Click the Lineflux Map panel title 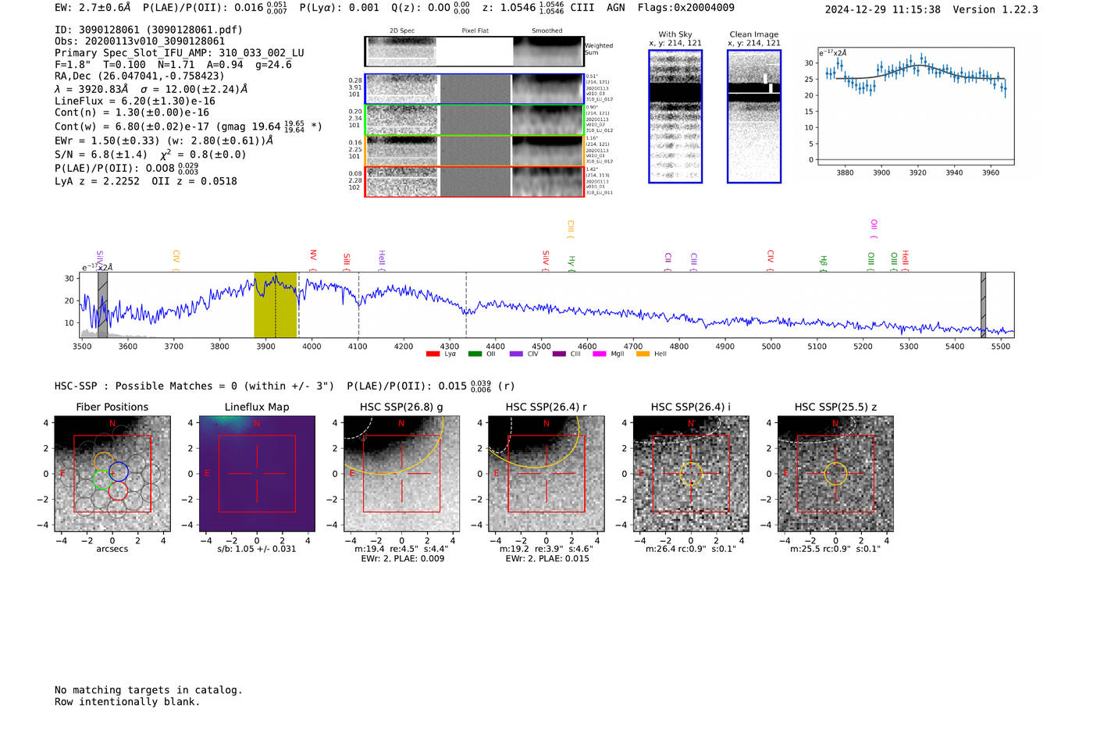pyautogui.click(x=256, y=407)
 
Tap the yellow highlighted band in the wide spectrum pyautogui.click(x=275, y=305)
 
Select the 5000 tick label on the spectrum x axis pyautogui.click(x=771, y=347)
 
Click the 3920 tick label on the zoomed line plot pyautogui.click(x=917, y=173)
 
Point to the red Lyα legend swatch pyautogui.click(x=433, y=354)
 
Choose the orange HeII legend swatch pyautogui.click(x=643, y=354)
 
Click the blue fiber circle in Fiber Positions pyautogui.click(x=119, y=472)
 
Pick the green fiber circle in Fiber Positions pyautogui.click(x=102, y=479)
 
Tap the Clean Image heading pyautogui.click(x=753, y=34)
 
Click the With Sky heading pyautogui.click(x=675, y=34)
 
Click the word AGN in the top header pyautogui.click(x=616, y=7)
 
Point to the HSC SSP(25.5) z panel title pyautogui.click(x=835, y=407)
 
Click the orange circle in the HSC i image pyautogui.click(x=691, y=474)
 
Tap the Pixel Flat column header pyautogui.click(x=475, y=30)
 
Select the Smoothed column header pyautogui.click(x=546, y=30)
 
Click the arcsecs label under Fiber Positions pyautogui.click(x=112, y=549)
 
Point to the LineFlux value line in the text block pyautogui.click(x=134, y=101)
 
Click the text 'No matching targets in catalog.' pyautogui.click(x=148, y=690)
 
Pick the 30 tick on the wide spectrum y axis pyautogui.click(x=69, y=279)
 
